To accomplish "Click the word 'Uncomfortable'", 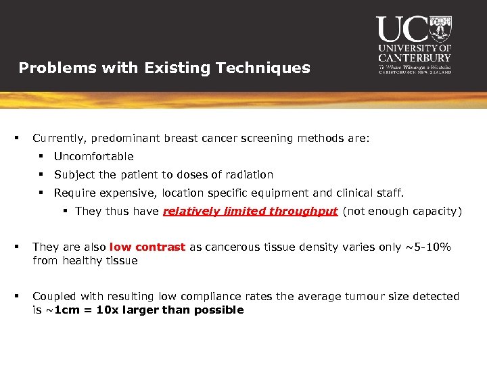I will coord(94,156).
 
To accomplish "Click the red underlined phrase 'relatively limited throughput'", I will coord(250,211).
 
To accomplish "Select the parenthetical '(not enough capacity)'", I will coord(402,211).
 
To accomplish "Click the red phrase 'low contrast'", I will coord(147,247).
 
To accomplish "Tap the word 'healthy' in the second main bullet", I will coord(85,260).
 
